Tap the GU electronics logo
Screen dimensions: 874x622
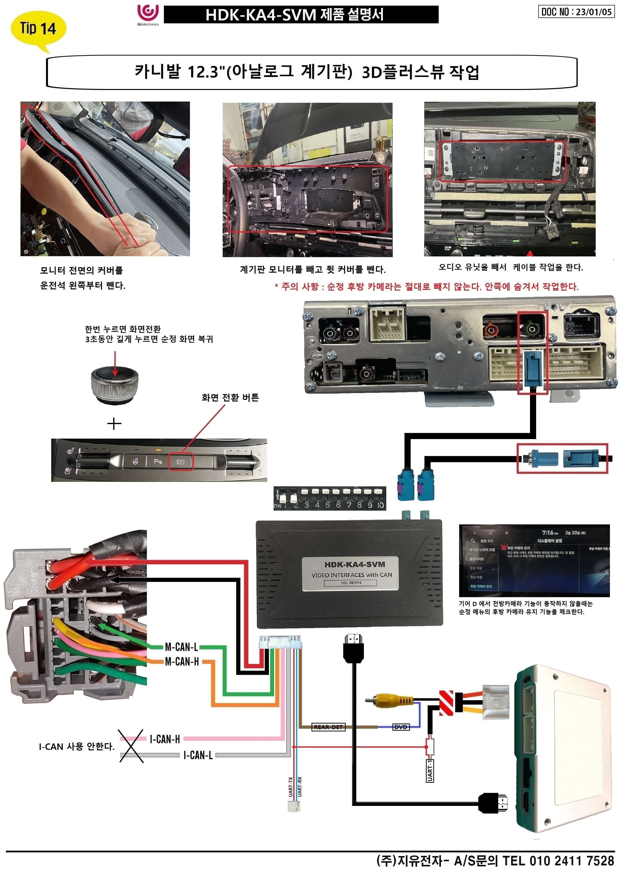[148, 15]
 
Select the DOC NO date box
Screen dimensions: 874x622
[576, 12]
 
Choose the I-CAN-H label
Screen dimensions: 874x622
[165, 739]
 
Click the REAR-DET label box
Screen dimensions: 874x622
[328, 727]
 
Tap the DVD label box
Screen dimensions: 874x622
[401, 727]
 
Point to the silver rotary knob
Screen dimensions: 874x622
[114, 384]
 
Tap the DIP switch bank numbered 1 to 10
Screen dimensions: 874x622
[329, 498]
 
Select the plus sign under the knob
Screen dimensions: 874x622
[114, 424]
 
